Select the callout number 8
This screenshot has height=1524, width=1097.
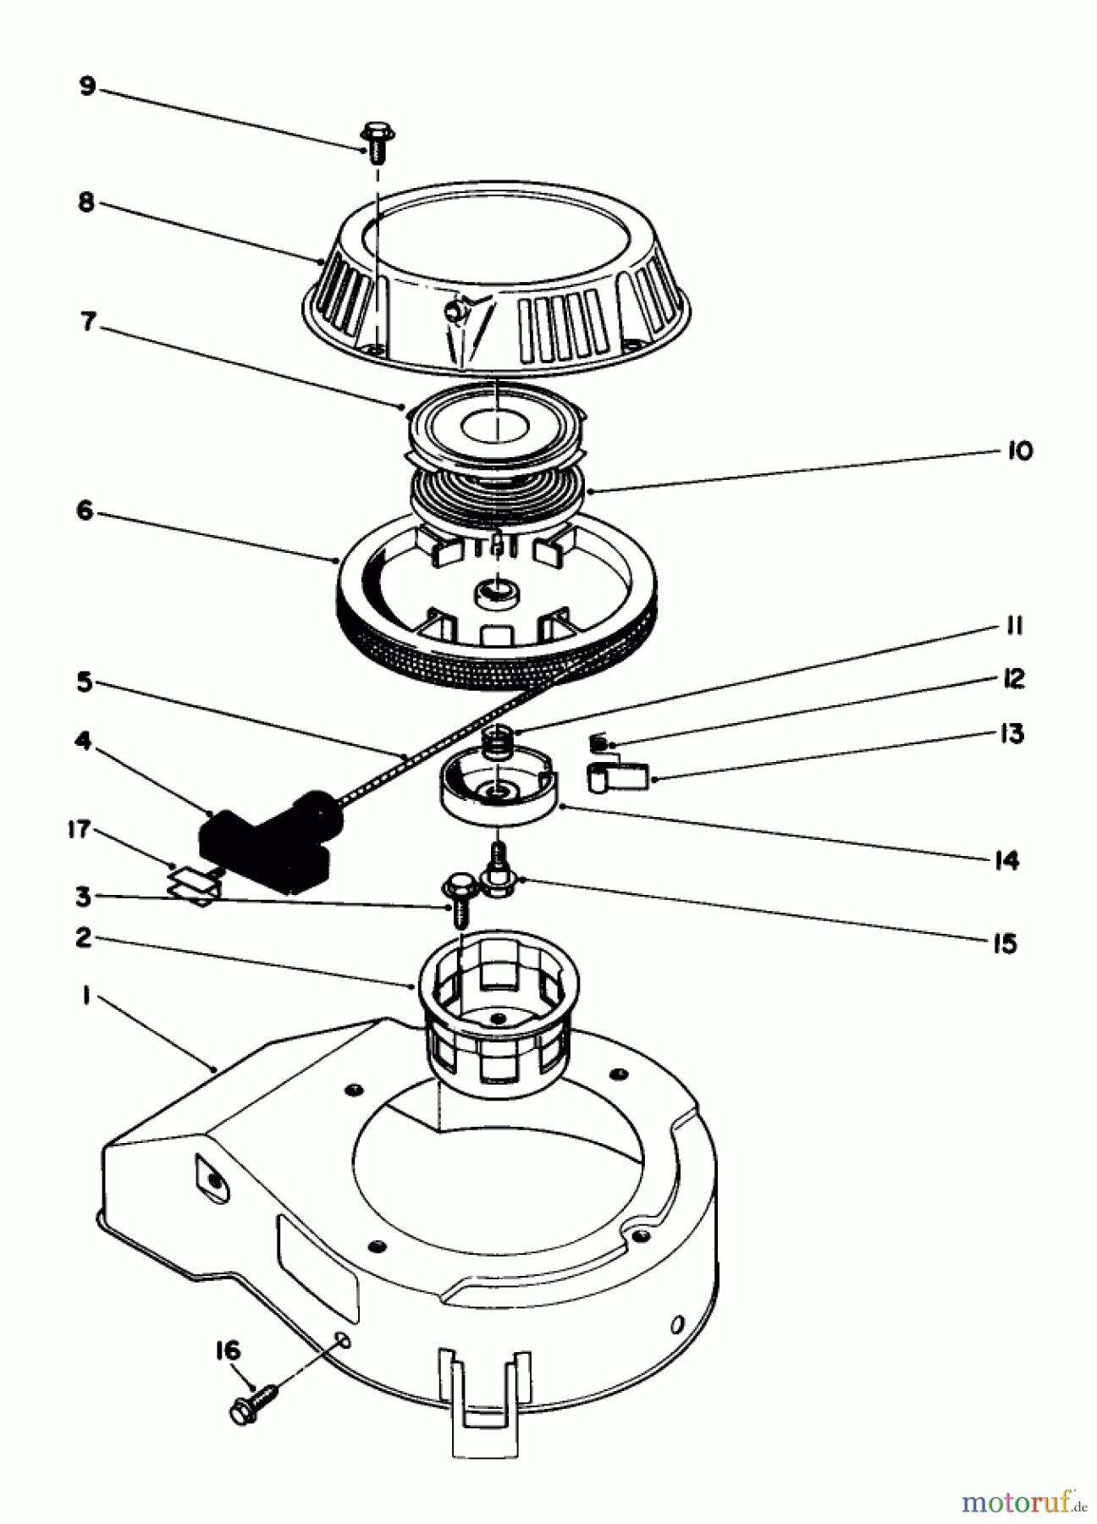[x=85, y=204]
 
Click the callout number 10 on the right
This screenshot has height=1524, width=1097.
[x=1020, y=450]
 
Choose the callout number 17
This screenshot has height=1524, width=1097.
[x=78, y=830]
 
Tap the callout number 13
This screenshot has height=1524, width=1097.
[x=1011, y=733]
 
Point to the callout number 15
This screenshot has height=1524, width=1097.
[x=1004, y=943]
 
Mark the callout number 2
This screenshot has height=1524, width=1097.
[x=83, y=938]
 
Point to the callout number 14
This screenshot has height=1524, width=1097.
[x=1006, y=861]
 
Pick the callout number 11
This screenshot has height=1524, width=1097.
[x=1014, y=627]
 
